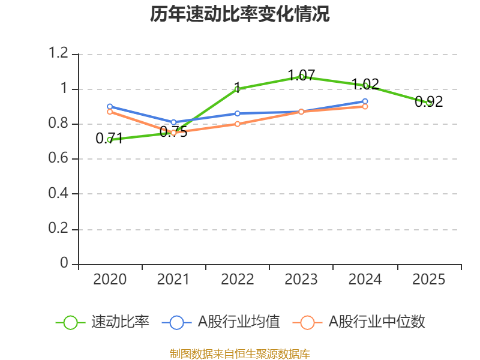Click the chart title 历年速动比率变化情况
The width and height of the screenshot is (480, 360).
click(x=239, y=14)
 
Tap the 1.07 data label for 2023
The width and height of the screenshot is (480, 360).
click(x=302, y=75)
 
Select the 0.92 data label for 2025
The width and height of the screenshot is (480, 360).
click(x=428, y=101)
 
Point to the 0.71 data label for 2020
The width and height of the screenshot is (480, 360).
click(x=109, y=138)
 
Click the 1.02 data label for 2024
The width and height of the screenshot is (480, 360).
click(x=365, y=84)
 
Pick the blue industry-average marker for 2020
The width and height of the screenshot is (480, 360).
click(x=110, y=107)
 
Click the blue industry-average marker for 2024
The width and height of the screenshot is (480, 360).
click(x=365, y=101)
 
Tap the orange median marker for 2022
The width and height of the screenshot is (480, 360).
click(x=238, y=124)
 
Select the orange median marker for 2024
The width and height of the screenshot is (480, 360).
click(x=365, y=107)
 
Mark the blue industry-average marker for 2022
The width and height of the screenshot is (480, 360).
click(x=238, y=113)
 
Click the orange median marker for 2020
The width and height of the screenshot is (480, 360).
click(x=110, y=112)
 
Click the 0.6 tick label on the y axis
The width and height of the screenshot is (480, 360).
click(x=58, y=158)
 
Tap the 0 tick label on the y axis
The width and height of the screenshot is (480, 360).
click(x=64, y=263)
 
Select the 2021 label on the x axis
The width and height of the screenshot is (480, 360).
click(x=173, y=279)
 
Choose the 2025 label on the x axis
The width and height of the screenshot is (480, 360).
click(x=428, y=279)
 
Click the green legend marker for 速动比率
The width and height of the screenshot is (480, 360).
click(x=70, y=323)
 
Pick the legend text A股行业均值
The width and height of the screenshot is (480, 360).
click(x=239, y=322)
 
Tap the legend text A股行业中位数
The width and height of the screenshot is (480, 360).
click(x=377, y=322)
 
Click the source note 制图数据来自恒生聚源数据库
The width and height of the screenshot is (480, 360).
click(x=240, y=354)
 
